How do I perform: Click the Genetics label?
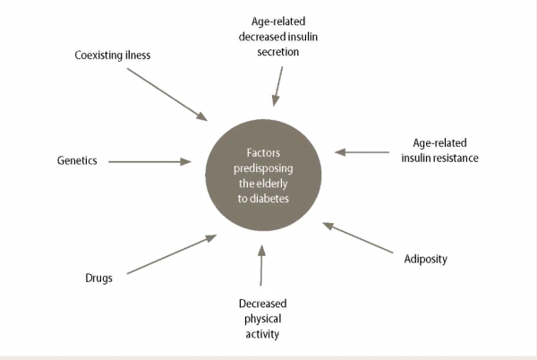[76, 161]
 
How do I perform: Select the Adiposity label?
[425, 260]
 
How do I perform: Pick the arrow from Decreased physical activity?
[261, 268]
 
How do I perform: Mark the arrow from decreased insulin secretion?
[278, 85]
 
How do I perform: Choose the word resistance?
[456, 158]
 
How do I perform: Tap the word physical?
[261, 318]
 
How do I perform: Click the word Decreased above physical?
[261, 303]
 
